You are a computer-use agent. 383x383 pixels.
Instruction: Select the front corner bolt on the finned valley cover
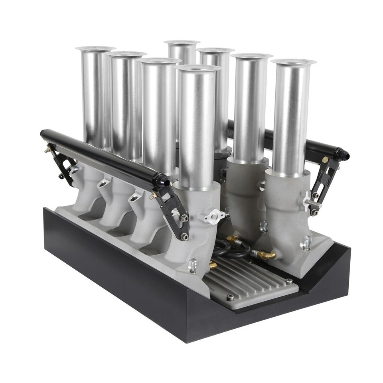pos(230,297)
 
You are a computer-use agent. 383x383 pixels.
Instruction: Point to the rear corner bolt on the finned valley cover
pos(289,281)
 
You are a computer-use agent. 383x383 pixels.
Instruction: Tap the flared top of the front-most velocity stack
pos(198,68)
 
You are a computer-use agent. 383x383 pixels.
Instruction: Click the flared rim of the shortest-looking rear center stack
pos(182,42)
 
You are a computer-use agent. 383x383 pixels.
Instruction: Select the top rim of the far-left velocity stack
pos(95,49)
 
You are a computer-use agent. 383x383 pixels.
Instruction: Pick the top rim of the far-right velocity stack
pos(293,62)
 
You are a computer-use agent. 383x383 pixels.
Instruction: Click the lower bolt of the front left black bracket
pos(184,237)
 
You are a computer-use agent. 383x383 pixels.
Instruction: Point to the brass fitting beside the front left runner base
pos(213,265)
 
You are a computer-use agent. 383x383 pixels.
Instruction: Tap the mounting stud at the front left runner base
pos(193,266)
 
